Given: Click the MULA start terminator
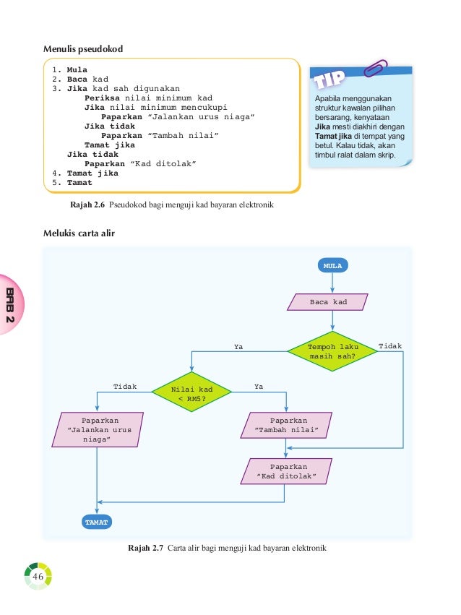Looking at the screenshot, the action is pyautogui.click(x=332, y=265).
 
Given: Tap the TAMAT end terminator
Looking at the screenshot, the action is pyautogui.click(x=96, y=522).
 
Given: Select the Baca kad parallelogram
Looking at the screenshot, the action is pyautogui.click(x=327, y=302).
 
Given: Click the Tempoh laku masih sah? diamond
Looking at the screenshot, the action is pyautogui.click(x=332, y=351).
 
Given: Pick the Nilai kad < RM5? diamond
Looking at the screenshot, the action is pyautogui.click(x=191, y=392).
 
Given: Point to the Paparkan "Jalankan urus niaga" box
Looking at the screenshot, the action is pyautogui.click(x=98, y=429).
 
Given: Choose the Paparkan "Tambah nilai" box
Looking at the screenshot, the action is pyautogui.click(x=286, y=425).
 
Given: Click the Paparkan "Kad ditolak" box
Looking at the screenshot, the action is pyautogui.click(x=286, y=471).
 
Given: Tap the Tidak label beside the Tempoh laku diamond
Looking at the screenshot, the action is pyautogui.click(x=390, y=346).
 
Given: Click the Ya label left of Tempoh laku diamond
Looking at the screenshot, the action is pyautogui.click(x=238, y=347).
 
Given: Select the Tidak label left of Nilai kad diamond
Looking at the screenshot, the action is pyautogui.click(x=125, y=387).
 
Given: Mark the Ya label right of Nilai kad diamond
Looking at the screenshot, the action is pyautogui.click(x=259, y=387).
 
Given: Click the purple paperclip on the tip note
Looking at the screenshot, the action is pyautogui.click(x=376, y=68).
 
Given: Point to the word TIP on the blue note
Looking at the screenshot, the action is pyautogui.click(x=329, y=79).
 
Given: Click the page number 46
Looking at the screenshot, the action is pyautogui.click(x=38, y=576).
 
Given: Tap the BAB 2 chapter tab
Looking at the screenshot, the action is pyautogui.click(x=10, y=305).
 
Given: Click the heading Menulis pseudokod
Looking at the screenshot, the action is pyautogui.click(x=83, y=49).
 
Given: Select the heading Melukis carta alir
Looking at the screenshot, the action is pyautogui.click(x=79, y=233).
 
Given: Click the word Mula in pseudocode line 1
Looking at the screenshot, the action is pyautogui.click(x=77, y=70).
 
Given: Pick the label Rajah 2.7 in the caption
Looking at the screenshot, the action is pyautogui.click(x=145, y=548).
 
